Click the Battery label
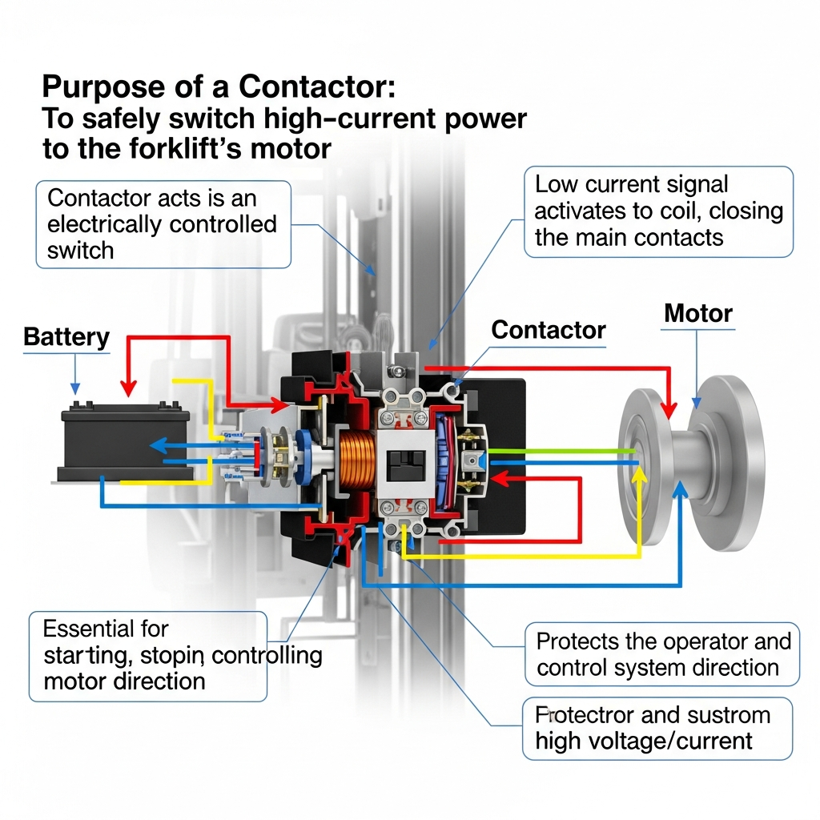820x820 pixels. click(x=66, y=337)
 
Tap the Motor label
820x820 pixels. click(x=698, y=313)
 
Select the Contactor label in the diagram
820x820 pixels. click(x=549, y=330)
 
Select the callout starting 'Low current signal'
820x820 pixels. click(x=658, y=211)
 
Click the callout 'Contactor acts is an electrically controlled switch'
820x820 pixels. click(x=163, y=223)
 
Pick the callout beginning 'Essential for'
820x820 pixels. click(x=147, y=656)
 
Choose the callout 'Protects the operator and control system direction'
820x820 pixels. click(x=662, y=654)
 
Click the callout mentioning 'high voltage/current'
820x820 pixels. click(x=657, y=728)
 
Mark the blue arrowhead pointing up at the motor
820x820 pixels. click(x=680, y=490)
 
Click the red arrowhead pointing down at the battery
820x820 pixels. click(x=128, y=388)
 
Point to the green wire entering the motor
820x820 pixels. click(x=561, y=451)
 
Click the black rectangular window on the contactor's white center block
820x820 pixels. click(x=403, y=462)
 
